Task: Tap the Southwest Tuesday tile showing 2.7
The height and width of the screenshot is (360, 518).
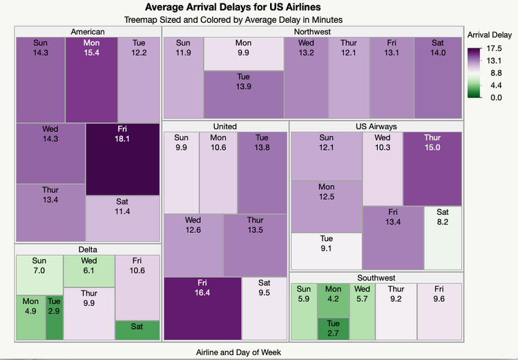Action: [x=333, y=328]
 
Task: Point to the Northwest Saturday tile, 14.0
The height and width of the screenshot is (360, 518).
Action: [x=437, y=78]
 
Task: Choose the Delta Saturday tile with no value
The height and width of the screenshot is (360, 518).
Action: [x=137, y=330]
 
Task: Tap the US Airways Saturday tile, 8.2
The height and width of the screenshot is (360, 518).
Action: [x=443, y=237]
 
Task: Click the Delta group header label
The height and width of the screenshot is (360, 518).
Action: [x=88, y=249]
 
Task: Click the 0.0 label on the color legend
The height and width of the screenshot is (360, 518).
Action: [x=496, y=97]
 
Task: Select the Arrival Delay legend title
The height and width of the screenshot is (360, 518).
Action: [x=490, y=35]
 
